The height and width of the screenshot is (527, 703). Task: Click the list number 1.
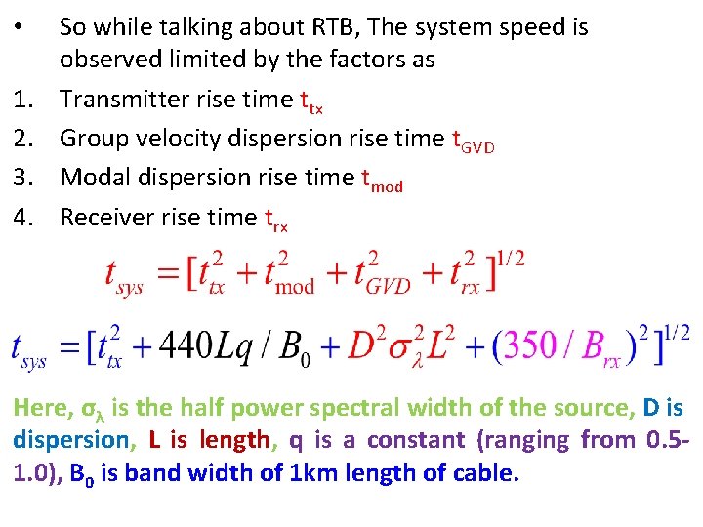(21, 100)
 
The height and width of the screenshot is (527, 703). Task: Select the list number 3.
(21, 178)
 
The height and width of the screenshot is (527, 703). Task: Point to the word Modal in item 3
(91, 178)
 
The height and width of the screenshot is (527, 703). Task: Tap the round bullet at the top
(21, 21)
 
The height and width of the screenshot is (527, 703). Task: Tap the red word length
(234, 440)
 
